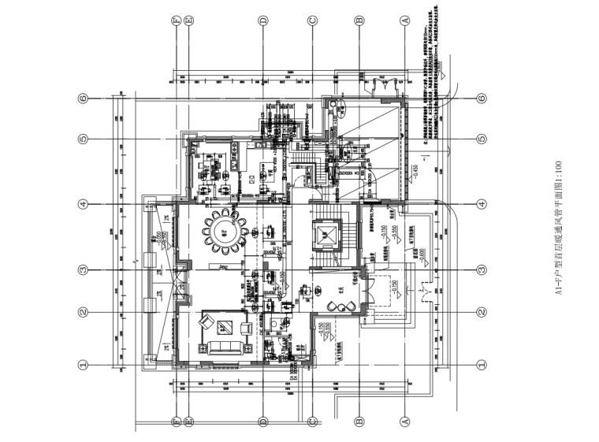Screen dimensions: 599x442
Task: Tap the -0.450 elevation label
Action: click(416, 171)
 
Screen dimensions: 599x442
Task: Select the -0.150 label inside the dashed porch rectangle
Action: click(393, 287)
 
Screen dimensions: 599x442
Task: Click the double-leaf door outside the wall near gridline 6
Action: click(385, 83)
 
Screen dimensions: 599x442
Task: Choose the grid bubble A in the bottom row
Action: click(406, 422)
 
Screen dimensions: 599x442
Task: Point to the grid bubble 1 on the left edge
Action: click(81, 365)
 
